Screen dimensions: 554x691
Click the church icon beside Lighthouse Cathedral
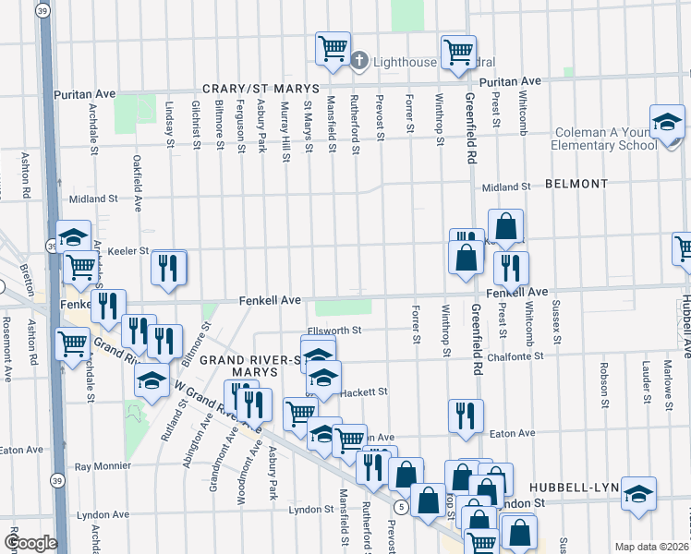click(x=358, y=62)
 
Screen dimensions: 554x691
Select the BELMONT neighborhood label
click(x=576, y=185)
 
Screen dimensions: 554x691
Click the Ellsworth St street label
click(x=333, y=331)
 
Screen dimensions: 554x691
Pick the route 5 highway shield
click(x=400, y=507)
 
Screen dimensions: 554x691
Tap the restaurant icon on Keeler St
click(x=169, y=269)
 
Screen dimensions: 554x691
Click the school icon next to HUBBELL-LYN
click(x=638, y=495)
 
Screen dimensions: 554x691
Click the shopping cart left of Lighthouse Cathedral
click(x=332, y=49)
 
